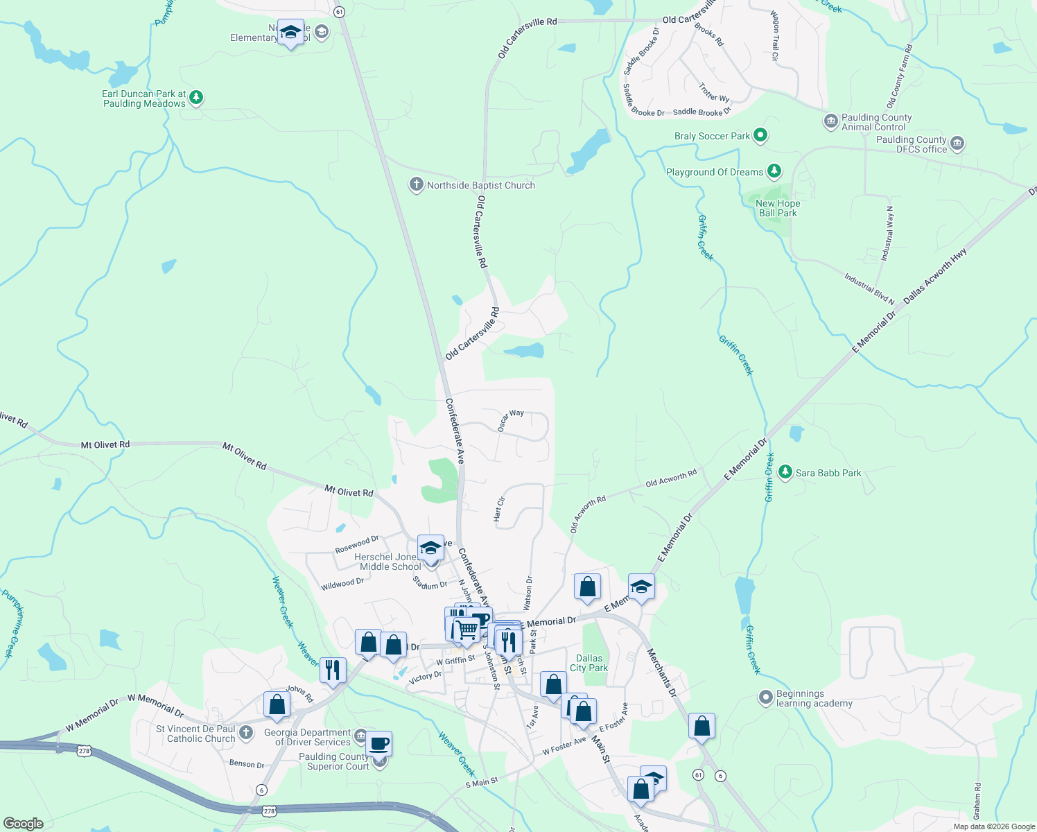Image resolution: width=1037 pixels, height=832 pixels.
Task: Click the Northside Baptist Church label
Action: pos(480,185)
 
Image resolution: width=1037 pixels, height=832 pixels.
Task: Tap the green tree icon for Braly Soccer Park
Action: pos(760,136)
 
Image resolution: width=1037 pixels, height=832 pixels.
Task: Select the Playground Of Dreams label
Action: pos(714,172)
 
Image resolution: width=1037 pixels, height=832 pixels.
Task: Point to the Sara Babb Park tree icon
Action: pos(785,473)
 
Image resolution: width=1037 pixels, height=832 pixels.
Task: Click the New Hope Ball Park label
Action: pos(778,208)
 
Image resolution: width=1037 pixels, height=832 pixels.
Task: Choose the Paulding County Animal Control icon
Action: pos(830,122)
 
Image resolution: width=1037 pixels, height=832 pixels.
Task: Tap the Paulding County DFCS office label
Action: pos(911,144)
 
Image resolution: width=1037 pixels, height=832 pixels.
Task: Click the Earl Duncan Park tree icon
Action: pos(196,98)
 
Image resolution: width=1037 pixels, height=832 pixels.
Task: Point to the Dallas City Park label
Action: pos(589,663)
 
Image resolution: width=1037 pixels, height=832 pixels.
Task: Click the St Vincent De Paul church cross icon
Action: pos(245,733)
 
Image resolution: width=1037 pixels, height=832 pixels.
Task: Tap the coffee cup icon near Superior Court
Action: pos(378,744)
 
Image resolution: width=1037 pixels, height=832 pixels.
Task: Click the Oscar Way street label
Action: pos(511,420)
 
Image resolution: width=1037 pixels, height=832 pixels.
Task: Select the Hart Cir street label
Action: pos(499,509)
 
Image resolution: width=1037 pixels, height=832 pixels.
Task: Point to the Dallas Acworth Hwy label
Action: pos(934,275)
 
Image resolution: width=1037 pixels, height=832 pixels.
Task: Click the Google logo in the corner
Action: pos(23,824)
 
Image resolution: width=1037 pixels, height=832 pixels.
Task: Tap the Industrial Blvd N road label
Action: pos(869,288)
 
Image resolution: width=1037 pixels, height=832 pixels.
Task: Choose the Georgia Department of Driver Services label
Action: pos(307,737)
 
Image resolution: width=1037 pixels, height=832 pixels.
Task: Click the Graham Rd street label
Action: pos(977,801)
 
